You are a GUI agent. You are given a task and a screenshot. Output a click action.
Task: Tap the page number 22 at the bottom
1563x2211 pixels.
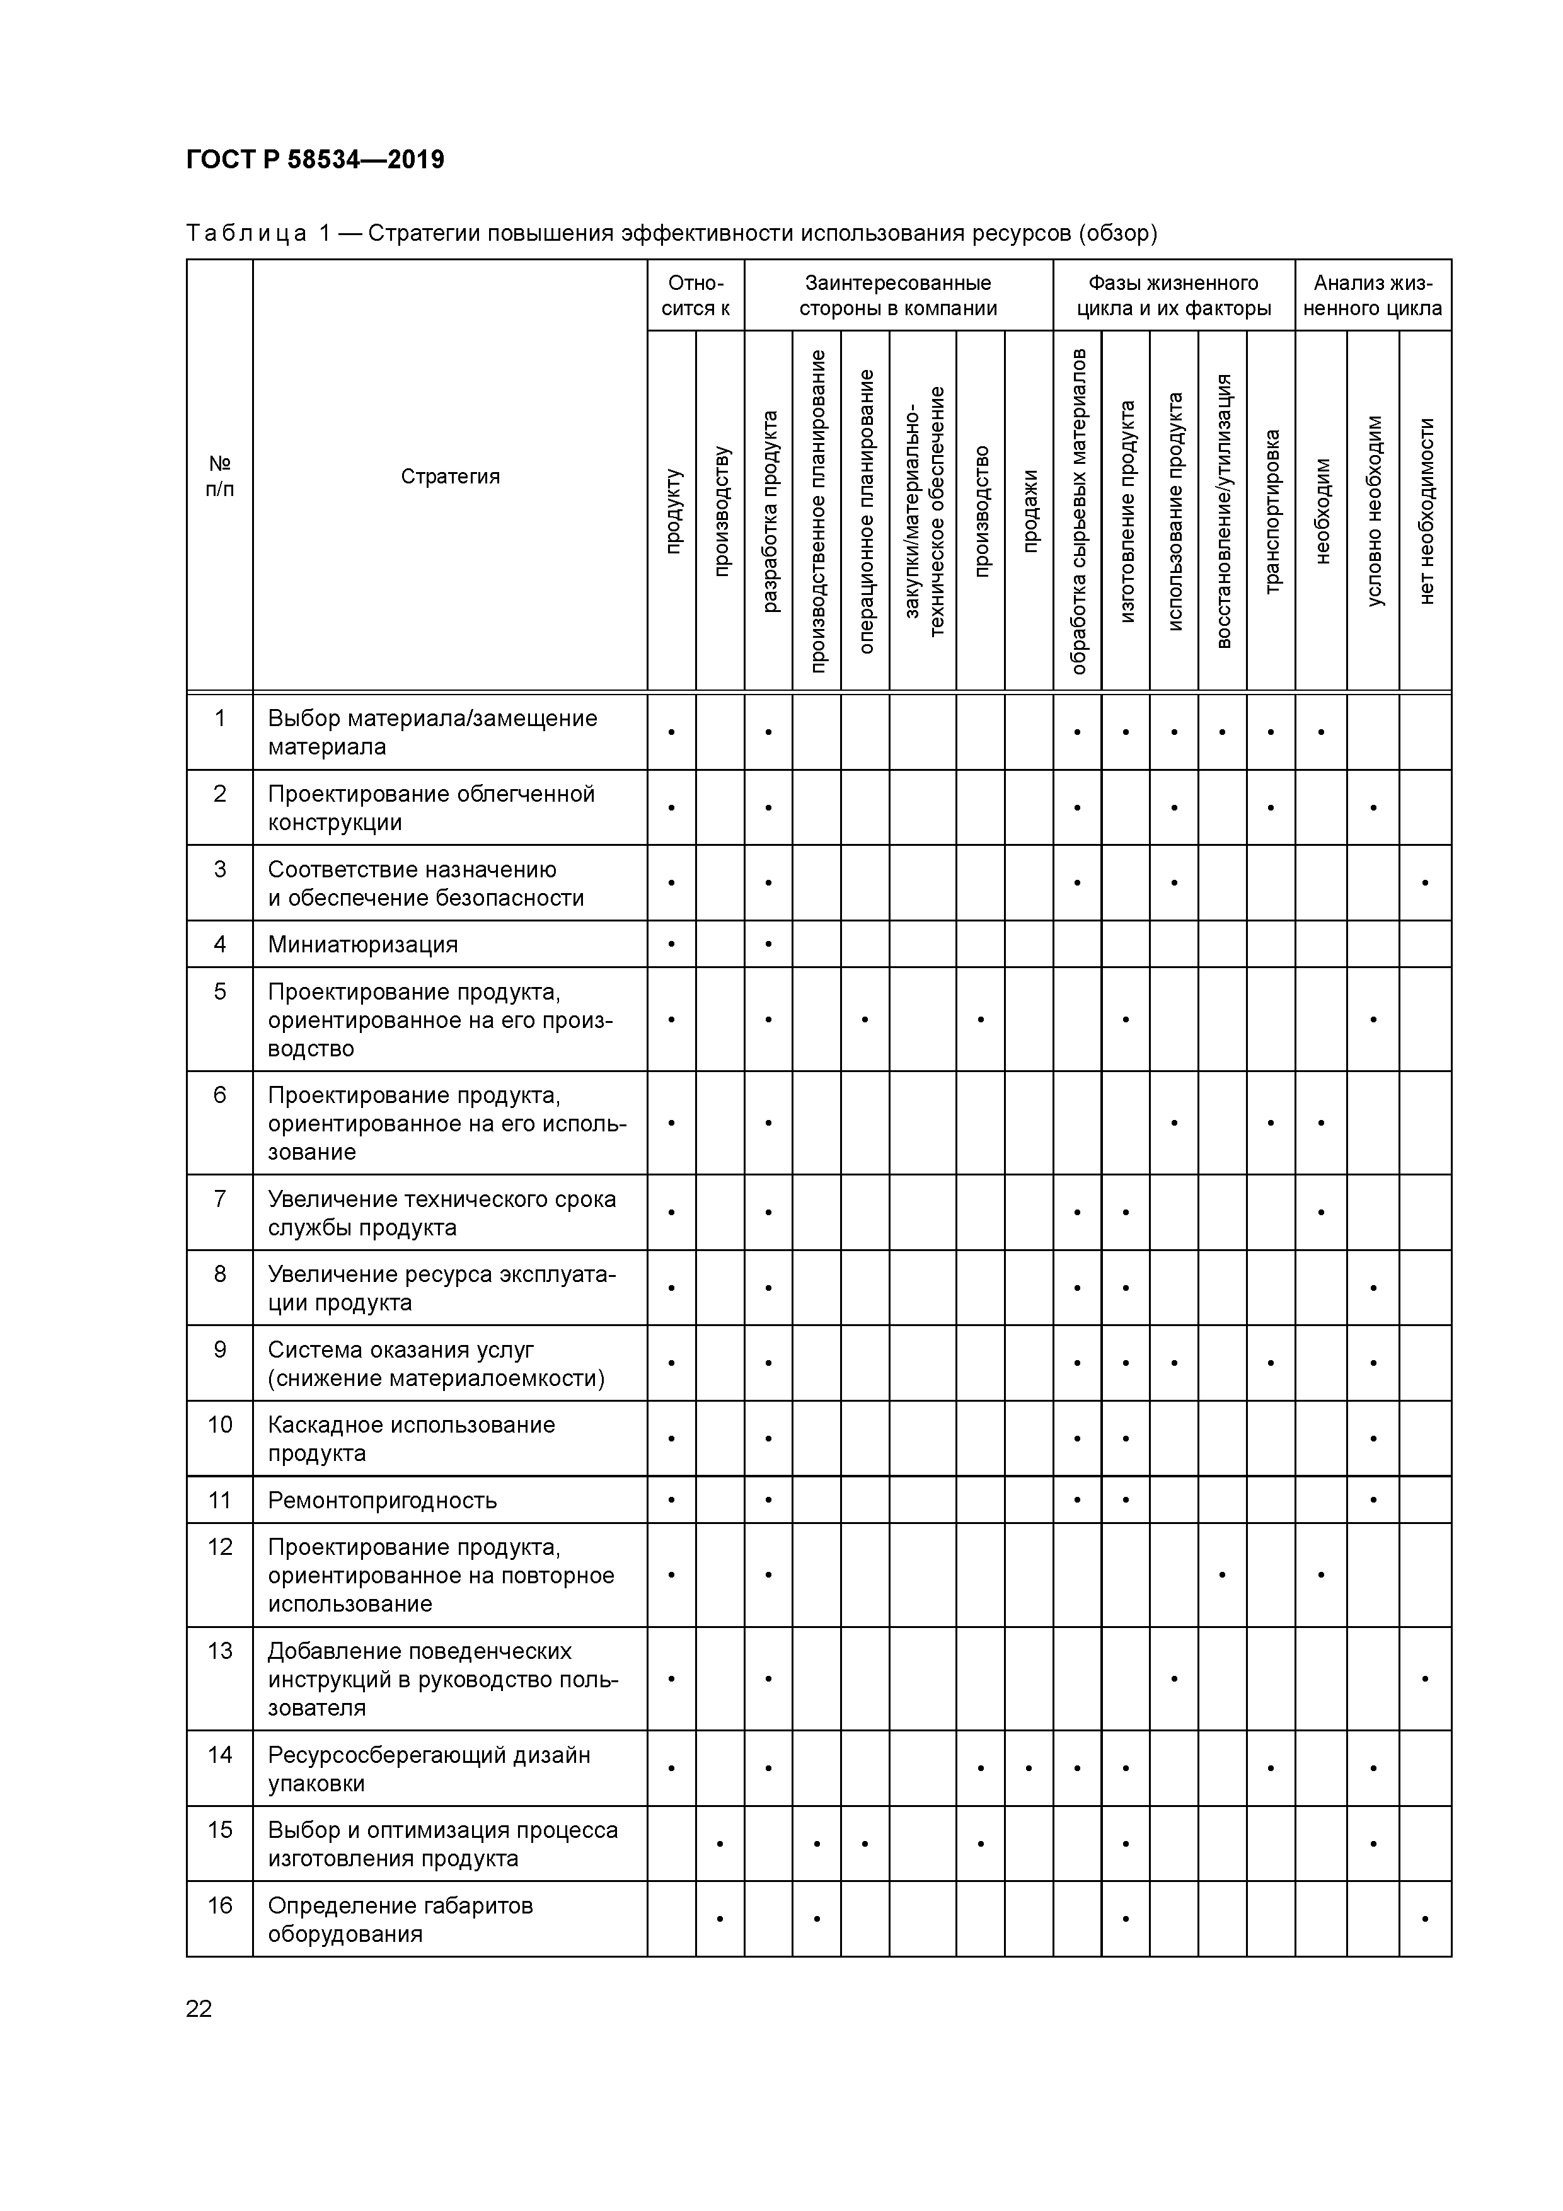tap(199, 2009)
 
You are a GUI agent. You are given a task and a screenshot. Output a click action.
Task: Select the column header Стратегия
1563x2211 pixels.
tap(450, 476)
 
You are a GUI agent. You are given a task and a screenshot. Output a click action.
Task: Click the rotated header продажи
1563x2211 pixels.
tap(1029, 511)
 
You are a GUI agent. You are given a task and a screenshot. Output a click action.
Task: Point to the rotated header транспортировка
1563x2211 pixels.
tap(1271, 511)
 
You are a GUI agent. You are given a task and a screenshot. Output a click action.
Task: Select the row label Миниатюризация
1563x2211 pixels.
tap(362, 945)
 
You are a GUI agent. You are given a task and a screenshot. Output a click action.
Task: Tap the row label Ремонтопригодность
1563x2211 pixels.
tap(383, 1500)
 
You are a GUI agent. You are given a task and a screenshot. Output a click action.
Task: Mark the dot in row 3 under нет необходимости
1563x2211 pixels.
tap(1425, 883)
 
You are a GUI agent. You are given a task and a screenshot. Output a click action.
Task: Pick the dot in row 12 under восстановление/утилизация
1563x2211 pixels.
tap(1222, 1576)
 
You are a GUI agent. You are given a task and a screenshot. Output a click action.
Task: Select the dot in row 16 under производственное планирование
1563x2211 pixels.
tap(817, 1919)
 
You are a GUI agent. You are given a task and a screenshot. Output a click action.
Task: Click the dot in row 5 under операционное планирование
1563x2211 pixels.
tap(865, 1019)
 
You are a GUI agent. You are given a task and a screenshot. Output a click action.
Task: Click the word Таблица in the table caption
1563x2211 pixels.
tap(246, 234)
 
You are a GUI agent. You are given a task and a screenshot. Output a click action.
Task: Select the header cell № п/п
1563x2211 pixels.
tap(219, 476)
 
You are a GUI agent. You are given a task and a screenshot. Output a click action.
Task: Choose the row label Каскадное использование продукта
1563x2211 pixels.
tap(411, 1439)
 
